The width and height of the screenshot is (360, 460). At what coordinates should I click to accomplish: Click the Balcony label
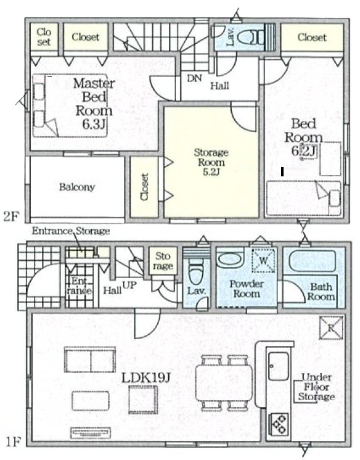pyautogui.click(x=77, y=187)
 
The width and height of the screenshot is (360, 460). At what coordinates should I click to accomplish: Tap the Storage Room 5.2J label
pyautogui.click(x=211, y=162)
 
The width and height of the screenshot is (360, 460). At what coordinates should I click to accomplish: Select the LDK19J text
pyautogui.click(x=146, y=378)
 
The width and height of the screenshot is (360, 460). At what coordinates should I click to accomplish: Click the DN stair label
pyautogui.click(x=195, y=78)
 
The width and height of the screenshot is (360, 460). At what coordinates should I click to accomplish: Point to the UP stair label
pyautogui.click(x=129, y=285)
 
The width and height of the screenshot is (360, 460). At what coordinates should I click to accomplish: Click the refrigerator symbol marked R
pyautogui.click(x=331, y=327)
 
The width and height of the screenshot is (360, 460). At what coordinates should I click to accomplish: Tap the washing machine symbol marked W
pyautogui.click(x=263, y=260)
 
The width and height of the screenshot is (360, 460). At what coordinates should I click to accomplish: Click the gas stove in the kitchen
pyautogui.click(x=279, y=424)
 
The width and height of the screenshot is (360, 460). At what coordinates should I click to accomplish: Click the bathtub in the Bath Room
pyautogui.click(x=313, y=259)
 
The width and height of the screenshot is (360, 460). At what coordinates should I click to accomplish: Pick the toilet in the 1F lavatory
pyautogui.click(x=195, y=271)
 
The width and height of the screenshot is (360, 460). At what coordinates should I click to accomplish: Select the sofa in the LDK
pyautogui.click(x=90, y=359)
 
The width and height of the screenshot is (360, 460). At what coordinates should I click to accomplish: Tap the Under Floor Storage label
pyautogui.click(x=317, y=387)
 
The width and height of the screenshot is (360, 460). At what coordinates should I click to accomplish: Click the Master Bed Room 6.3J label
pyautogui.click(x=94, y=104)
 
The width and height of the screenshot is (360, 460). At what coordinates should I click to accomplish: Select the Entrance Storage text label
pyautogui.click(x=71, y=231)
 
